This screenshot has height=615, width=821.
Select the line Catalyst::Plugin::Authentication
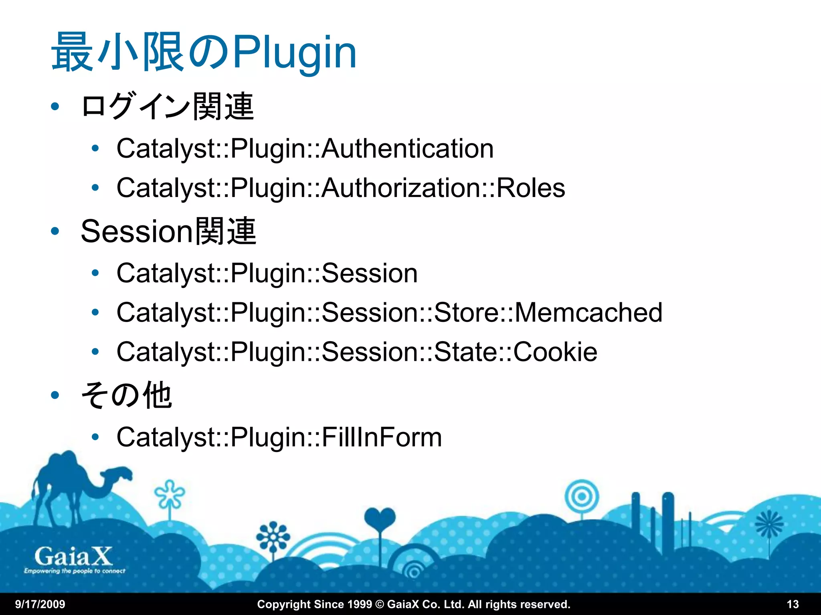click(305, 149)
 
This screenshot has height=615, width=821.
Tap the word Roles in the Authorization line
click(531, 188)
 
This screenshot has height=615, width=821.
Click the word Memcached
click(588, 313)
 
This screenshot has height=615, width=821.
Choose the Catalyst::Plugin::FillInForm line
click(279, 437)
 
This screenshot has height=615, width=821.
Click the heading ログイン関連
click(167, 107)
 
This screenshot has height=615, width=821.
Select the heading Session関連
click(168, 231)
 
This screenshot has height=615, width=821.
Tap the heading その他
click(127, 396)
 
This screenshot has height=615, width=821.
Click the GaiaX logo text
click(73, 556)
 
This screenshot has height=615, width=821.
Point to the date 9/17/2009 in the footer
click(40, 604)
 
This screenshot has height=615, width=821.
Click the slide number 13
click(793, 604)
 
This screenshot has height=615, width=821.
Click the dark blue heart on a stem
click(380, 519)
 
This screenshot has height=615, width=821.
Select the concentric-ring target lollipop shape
click(582, 497)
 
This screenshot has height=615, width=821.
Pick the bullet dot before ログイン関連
click(55, 107)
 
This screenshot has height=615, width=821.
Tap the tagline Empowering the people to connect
click(75, 571)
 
